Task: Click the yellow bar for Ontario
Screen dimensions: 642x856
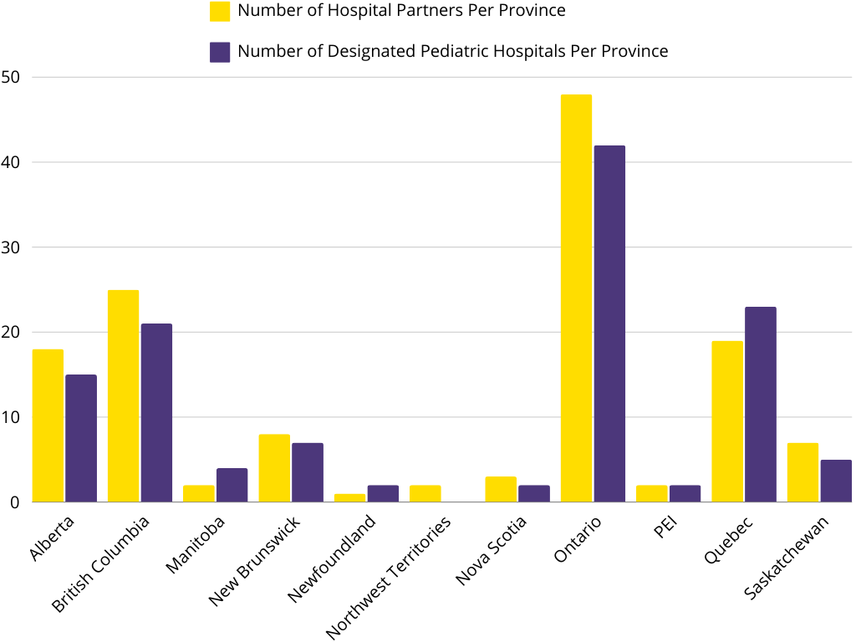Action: (x=576, y=298)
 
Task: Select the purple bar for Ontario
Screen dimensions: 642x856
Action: (x=609, y=324)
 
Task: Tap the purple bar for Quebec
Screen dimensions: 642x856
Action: (x=761, y=405)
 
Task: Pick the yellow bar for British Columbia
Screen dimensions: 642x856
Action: (x=123, y=396)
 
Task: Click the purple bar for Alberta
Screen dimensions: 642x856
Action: (x=81, y=439)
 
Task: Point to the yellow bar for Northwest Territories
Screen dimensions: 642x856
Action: (x=425, y=493)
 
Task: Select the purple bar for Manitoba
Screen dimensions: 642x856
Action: (x=232, y=485)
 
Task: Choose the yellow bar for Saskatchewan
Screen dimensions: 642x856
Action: (x=802, y=472)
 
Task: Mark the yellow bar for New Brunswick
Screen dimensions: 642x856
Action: (x=274, y=468)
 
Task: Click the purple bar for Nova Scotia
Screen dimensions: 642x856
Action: (x=534, y=493)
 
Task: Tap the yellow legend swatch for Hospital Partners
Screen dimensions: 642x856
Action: (x=220, y=11)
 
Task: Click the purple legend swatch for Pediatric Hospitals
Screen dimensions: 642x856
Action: (x=220, y=52)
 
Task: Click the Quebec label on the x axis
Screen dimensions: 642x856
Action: (x=729, y=541)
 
